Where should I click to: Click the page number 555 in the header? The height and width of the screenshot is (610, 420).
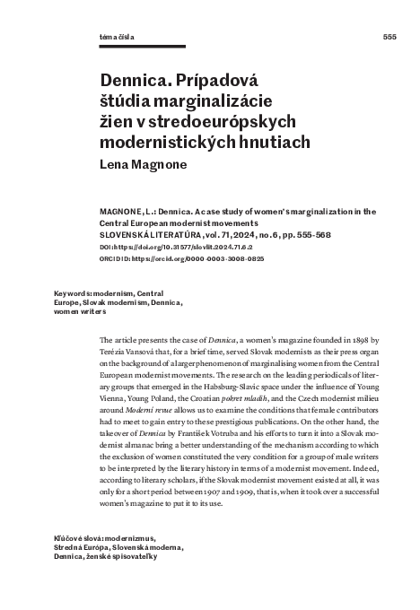[389, 37]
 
